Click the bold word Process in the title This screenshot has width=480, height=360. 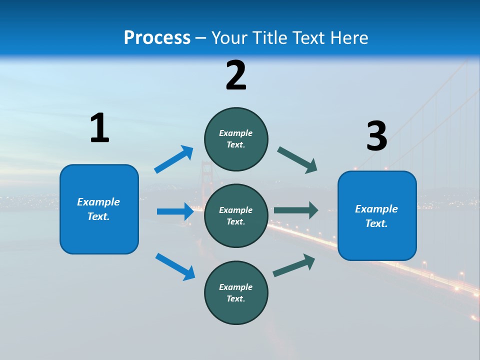[x=157, y=38]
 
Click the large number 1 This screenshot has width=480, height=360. [x=99, y=128]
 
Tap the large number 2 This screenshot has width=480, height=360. [x=236, y=75]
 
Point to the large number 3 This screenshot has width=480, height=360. [x=376, y=136]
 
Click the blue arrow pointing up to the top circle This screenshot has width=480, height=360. [x=173, y=159]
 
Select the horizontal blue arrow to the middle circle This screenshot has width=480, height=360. [x=175, y=211]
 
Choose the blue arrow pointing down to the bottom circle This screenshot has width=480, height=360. [x=175, y=266]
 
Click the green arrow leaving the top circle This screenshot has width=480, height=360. [x=297, y=160]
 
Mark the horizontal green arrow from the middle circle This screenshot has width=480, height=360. [x=296, y=210]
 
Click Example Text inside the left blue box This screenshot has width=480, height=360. [x=98, y=209]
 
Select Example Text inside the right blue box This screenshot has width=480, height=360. [x=376, y=216]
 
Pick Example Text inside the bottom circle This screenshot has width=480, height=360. [x=236, y=292]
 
